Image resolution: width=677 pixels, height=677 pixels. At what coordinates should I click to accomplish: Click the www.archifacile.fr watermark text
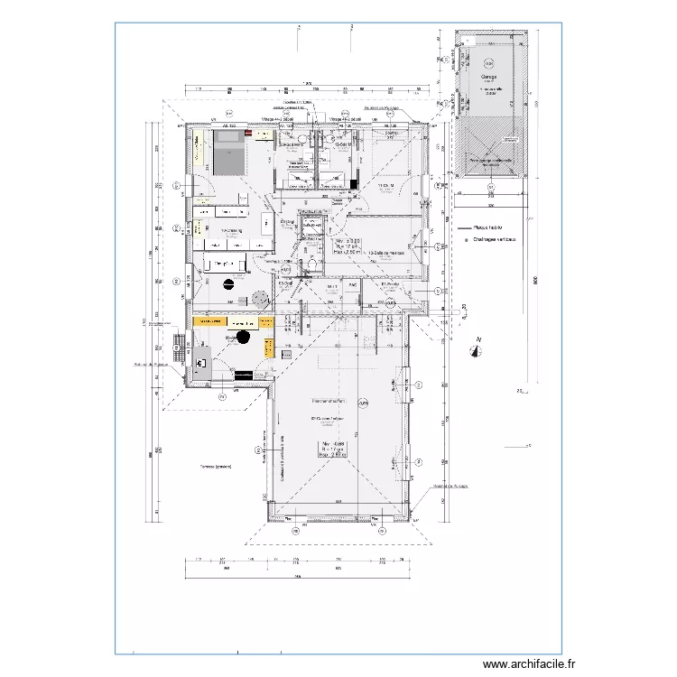[524, 663]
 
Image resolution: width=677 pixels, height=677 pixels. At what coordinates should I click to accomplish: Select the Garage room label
[489, 78]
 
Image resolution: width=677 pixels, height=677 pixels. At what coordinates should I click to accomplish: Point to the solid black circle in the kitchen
[243, 338]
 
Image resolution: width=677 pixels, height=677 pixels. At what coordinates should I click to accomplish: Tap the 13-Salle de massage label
[387, 254]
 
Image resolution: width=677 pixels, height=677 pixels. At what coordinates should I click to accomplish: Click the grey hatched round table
[261, 299]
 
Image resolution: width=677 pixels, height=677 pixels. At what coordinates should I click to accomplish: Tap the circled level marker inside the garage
[488, 63]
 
